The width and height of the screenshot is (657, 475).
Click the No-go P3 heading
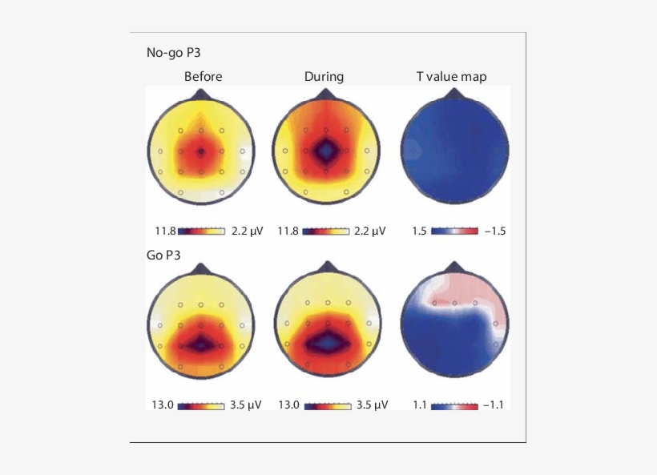[172, 54]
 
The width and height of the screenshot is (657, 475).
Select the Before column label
[203, 77]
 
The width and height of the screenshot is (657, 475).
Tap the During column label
[324, 77]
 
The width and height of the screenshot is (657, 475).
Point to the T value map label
[451, 77]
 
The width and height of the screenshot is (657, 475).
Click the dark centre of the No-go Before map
[201, 151]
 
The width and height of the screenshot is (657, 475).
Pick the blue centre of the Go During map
[326, 341]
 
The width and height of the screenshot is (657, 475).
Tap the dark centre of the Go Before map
[201, 344]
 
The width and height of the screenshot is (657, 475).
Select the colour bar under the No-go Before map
[201, 231]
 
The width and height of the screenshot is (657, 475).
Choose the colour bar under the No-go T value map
[453, 231]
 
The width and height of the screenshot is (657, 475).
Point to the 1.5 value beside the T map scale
[418, 231]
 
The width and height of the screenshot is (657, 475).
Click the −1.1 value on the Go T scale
[495, 405]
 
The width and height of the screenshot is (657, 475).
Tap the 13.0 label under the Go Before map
[162, 405]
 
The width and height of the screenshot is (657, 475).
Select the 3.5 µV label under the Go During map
[372, 405]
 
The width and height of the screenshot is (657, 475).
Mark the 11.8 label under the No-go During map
[288, 231]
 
